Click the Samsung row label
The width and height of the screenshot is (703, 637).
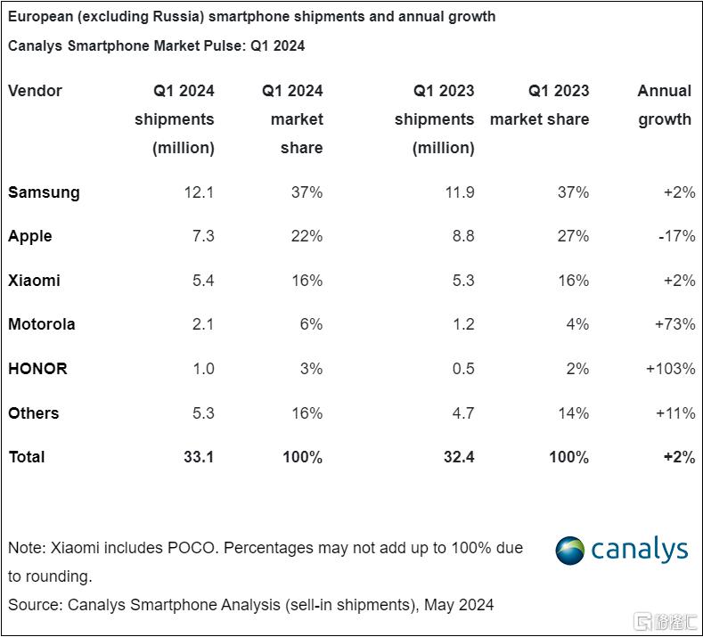[44, 192]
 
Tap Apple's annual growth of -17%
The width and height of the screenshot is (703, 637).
[674, 236]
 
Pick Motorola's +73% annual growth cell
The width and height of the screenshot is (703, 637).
[674, 324]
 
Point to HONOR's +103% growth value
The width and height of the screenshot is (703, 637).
[670, 368]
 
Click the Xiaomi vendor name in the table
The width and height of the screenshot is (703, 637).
[34, 281]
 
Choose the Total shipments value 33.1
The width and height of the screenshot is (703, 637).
[197, 457]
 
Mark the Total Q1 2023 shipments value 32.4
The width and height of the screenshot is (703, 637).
[456, 457]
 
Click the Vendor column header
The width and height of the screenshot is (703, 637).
[35, 91]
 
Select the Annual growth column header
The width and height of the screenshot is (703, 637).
[665, 105]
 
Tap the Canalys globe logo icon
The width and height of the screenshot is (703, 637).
[570, 551]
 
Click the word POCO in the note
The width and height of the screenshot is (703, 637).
[192, 548]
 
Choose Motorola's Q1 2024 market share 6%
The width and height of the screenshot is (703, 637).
[310, 324]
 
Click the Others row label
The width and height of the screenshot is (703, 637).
[33, 413]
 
